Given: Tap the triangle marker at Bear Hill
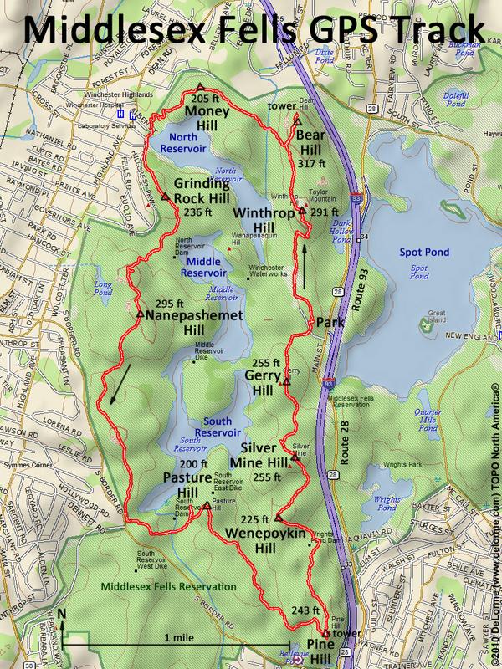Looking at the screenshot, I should coord(297,122).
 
